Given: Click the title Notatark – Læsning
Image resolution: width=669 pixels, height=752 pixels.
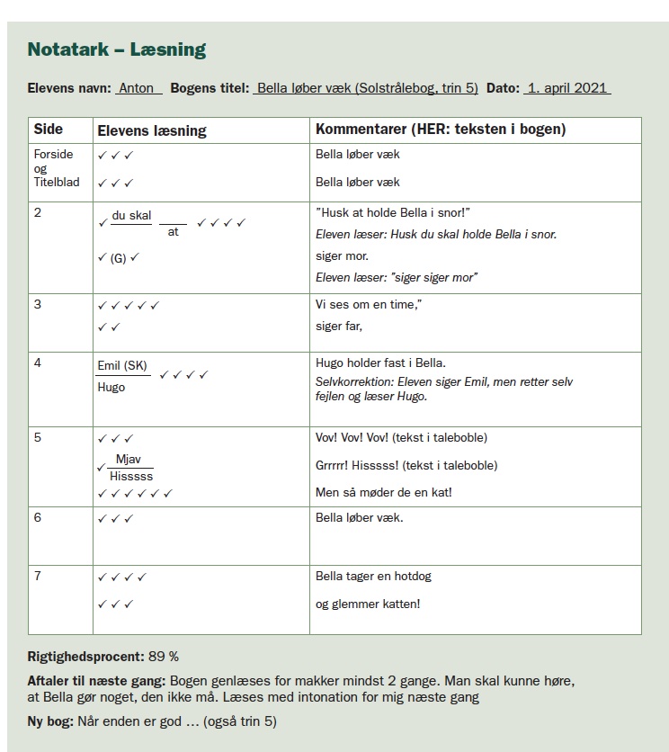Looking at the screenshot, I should point(117,49).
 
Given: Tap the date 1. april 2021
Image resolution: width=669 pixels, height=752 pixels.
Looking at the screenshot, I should point(567,89).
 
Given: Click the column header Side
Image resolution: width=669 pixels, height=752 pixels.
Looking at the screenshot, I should point(49,130).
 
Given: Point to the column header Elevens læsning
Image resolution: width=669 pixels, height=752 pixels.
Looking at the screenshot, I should point(151,130).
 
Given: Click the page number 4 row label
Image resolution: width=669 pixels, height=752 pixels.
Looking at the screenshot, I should point(38,363).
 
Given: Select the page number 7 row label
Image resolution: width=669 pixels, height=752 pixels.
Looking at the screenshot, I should point(38,576).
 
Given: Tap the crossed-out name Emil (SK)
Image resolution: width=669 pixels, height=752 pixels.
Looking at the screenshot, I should point(121,366).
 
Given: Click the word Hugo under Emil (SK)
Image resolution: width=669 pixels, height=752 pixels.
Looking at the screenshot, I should point(111,388).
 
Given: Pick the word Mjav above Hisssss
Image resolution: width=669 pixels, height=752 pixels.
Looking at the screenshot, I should point(129,460).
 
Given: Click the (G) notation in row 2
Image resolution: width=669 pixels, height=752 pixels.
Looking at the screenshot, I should point(119,258).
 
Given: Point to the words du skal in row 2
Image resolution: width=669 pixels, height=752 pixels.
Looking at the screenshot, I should point(131,216).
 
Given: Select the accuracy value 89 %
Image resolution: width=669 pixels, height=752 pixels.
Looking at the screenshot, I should point(163,657).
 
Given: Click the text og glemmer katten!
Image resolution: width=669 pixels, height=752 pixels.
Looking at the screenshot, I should point(368,604).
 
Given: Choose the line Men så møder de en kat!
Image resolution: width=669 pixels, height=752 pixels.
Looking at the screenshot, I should point(383,492).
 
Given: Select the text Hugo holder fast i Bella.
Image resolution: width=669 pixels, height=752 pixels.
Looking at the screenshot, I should point(380,363).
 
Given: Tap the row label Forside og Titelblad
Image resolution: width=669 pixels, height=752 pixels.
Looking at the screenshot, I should point(56,168).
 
